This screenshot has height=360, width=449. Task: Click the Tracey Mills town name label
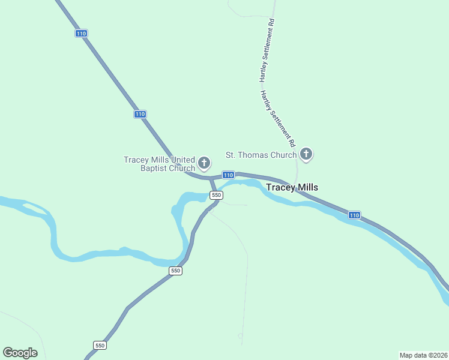[x=292, y=187]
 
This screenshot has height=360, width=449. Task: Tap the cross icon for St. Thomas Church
[x=306, y=154]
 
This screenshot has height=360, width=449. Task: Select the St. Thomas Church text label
[x=261, y=155]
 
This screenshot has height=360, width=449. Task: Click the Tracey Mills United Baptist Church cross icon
[x=204, y=162]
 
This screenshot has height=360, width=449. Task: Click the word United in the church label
[x=183, y=160]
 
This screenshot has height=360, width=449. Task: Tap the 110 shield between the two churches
[x=228, y=175]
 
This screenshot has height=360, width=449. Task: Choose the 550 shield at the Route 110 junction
[x=216, y=195]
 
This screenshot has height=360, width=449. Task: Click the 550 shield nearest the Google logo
[x=100, y=345]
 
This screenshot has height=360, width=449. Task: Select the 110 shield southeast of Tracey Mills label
[x=354, y=215]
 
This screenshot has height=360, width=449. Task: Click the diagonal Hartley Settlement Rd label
[x=278, y=119]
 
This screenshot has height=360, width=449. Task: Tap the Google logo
[x=20, y=353]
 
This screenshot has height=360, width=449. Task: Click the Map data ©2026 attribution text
[x=424, y=355]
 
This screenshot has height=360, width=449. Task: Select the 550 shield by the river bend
[x=175, y=271]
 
